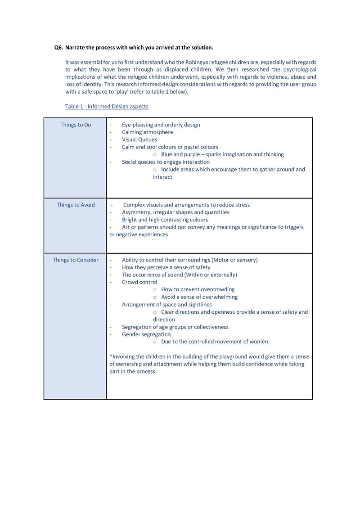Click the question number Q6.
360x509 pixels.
click(x=58, y=47)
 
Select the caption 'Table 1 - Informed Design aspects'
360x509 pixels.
click(x=107, y=107)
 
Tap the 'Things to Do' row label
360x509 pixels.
click(x=76, y=125)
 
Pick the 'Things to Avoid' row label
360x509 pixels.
click(x=76, y=205)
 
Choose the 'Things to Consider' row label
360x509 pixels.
click(x=76, y=260)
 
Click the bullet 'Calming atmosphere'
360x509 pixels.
click(x=147, y=132)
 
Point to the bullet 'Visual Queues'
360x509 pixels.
click(x=139, y=140)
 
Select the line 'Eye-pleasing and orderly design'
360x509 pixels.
click(x=161, y=125)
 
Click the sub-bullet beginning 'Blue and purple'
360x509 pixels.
click(x=222, y=154)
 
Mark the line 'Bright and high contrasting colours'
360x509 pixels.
click(x=165, y=220)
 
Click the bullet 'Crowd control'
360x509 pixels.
click(x=139, y=282)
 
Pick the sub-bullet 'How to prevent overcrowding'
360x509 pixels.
click(x=198, y=289)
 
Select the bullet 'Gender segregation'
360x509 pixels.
click(x=146, y=334)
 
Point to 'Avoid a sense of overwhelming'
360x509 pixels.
click(x=199, y=297)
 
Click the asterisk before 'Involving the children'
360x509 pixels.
click(x=111, y=356)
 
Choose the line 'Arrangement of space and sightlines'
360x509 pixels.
click(x=166, y=305)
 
